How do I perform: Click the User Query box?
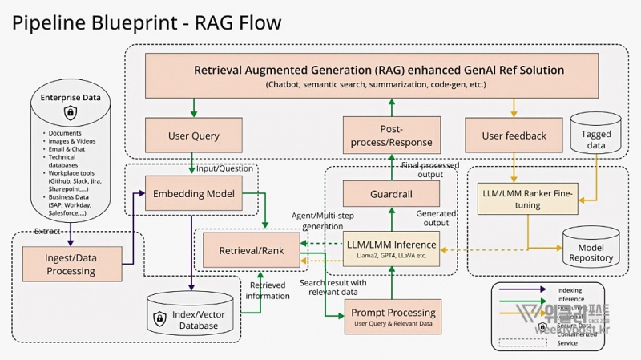click(194, 136)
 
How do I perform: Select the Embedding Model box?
click(193, 193)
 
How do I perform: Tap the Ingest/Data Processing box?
click(71, 264)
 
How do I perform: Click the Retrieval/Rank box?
click(250, 251)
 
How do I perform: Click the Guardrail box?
click(392, 193)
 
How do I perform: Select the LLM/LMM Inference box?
click(391, 248)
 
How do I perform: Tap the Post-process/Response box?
click(392, 136)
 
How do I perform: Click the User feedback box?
click(514, 136)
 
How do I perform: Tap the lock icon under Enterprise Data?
click(70, 113)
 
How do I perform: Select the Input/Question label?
click(224, 168)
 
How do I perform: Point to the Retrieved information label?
click(268, 290)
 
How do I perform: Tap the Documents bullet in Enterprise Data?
click(65, 132)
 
